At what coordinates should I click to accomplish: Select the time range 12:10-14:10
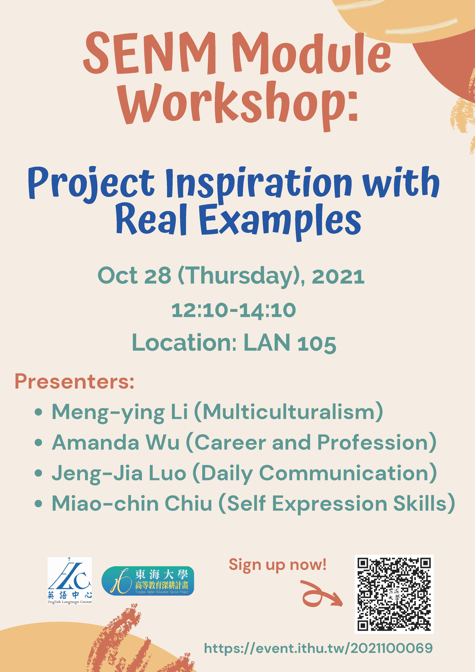pyautogui.click(x=234, y=310)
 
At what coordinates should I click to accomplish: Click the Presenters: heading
pyautogui.click(x=75, y=381)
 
